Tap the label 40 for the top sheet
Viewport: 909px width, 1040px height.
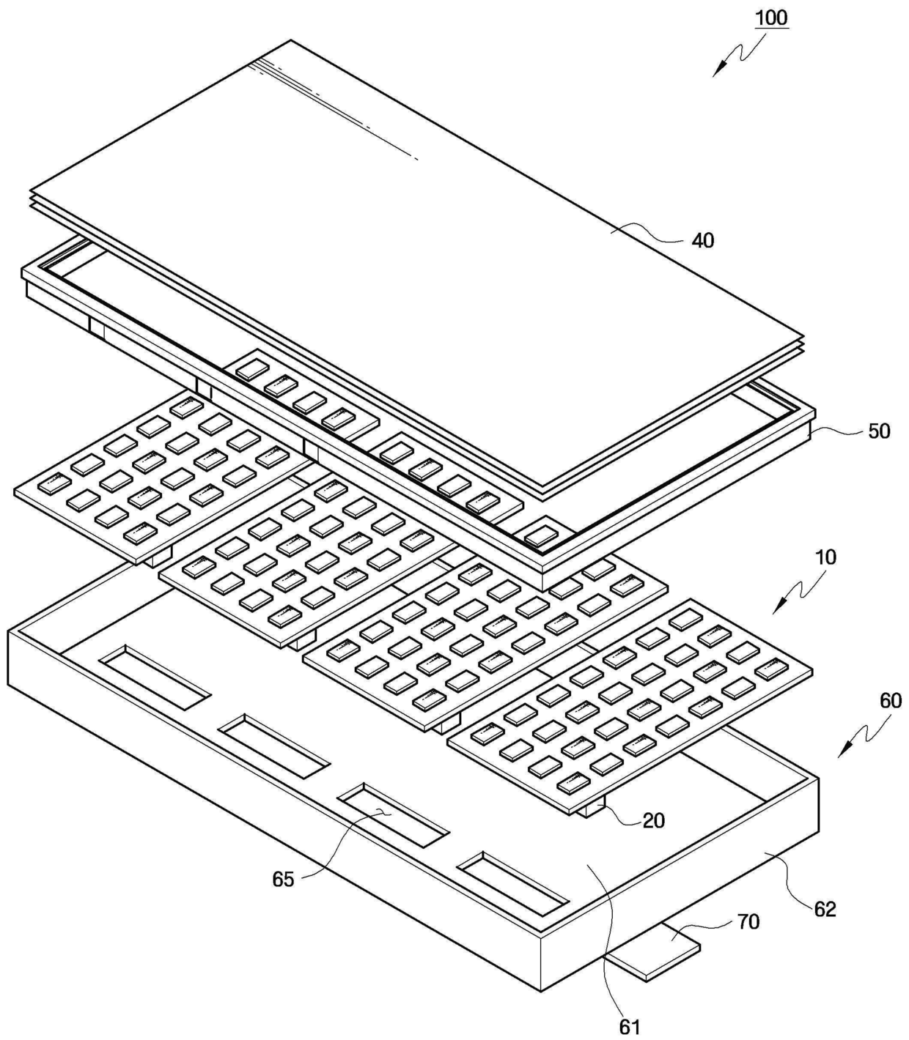click(x=702, y=240)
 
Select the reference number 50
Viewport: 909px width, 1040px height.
click(x=879, y=431)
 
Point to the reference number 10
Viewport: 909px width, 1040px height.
click(x=825, y=557)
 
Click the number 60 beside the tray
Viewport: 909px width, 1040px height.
click(x=890, y=701)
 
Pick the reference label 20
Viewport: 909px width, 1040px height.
click(x=653, y=820)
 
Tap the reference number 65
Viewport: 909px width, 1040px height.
click(x=283, y=879)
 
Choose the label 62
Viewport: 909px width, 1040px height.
click(x=825, y=909)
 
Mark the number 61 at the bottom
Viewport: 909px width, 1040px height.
click(x=630, y=1027)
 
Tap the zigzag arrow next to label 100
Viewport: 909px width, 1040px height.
click(x=737, y=53)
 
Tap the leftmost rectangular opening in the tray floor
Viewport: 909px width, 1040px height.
click(x=155, y=677)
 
